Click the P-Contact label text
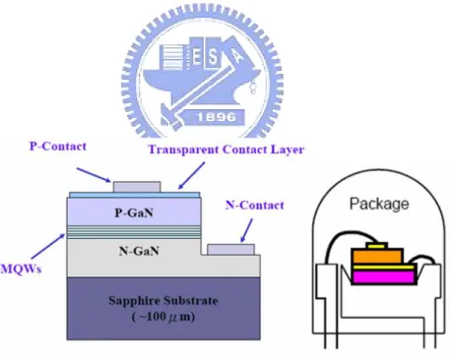58,147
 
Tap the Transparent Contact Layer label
226,150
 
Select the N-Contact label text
255,206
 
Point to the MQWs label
21,270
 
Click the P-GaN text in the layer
134,212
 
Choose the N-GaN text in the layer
139,251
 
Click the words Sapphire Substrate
163,301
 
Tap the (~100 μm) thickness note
163,317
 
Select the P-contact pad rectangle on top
137,187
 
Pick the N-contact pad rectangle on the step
231,250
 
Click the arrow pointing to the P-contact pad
94,175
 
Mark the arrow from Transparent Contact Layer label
191,175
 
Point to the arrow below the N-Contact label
246,230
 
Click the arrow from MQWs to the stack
48,246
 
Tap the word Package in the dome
379,204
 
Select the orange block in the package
377,256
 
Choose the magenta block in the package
383,276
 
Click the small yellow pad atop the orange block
377,246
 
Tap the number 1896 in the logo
217,117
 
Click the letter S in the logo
213,56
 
